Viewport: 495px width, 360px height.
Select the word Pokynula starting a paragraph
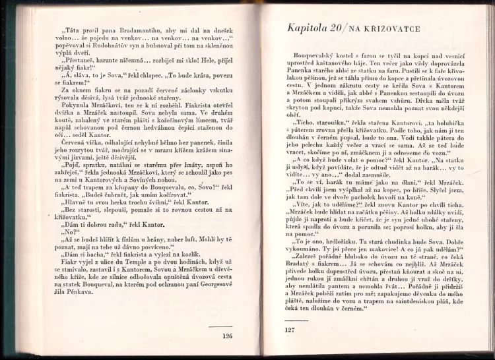coord(64,125)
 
